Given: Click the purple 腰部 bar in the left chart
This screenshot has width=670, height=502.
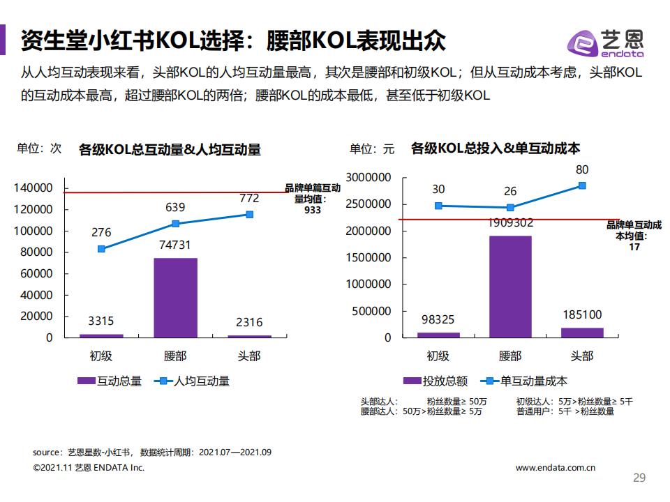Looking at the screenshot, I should click(175, 298).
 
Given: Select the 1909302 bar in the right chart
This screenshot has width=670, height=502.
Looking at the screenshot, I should click(510, 287).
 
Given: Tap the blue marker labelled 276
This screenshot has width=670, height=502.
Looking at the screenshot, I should click(102, 249).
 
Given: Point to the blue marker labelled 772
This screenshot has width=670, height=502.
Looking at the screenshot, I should click(249, 215).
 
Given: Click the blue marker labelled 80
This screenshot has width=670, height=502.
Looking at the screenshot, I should click(582, 185).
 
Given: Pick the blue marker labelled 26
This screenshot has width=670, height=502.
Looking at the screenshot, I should click(510, 207).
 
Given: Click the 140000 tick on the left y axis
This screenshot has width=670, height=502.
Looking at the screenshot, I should click(33, 188).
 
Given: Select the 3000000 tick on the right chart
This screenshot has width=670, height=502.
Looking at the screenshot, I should click(368, 178).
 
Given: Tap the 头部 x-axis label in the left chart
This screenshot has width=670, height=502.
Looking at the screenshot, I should click(248, 356).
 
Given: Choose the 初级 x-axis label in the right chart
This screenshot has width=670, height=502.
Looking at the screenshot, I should click(438, 356).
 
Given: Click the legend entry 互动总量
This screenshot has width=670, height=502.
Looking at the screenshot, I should click(110, 381).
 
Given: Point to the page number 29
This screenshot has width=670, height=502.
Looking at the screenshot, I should click(639, 478).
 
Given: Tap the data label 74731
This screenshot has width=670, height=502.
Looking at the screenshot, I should click(175, 245).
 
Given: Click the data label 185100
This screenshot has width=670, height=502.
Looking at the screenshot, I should click(582, 315).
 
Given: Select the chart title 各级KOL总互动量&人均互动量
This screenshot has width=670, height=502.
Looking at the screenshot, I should click(170, 149).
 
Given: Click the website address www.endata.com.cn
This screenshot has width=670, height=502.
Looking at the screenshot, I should click(556, 468).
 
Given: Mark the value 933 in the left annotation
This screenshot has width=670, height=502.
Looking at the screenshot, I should click(313, 209).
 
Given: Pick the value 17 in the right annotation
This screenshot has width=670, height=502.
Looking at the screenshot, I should click(634, 247).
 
